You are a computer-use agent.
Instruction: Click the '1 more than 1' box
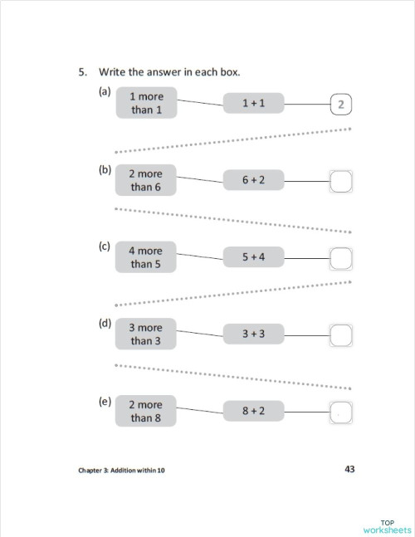(146, 103)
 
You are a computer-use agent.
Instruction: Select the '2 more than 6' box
(146, 180)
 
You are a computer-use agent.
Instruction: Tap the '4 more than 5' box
(146, 257)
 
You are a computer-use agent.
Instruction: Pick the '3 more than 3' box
(146, 334)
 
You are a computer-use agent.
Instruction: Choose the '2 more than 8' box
(146, 411)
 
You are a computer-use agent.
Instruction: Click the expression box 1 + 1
(253, 103)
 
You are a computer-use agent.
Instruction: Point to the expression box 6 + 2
(253, 180)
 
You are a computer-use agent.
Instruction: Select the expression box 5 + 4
(253, 257)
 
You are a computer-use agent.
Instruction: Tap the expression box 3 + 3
(253, 334)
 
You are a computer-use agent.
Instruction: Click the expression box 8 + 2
(253, 411)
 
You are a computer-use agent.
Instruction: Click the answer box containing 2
(342, 105)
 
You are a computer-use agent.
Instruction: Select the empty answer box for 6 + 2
(342, 181)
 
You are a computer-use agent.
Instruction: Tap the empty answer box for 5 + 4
(342, 258)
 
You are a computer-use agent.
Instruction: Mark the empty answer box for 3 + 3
(342, 335)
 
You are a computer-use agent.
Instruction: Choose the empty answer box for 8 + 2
(342, 412)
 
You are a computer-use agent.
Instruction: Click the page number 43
(349, 469)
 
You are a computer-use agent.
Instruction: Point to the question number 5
(82, 72)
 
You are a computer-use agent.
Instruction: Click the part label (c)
(105, 246)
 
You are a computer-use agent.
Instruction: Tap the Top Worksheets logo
(386, 525)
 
